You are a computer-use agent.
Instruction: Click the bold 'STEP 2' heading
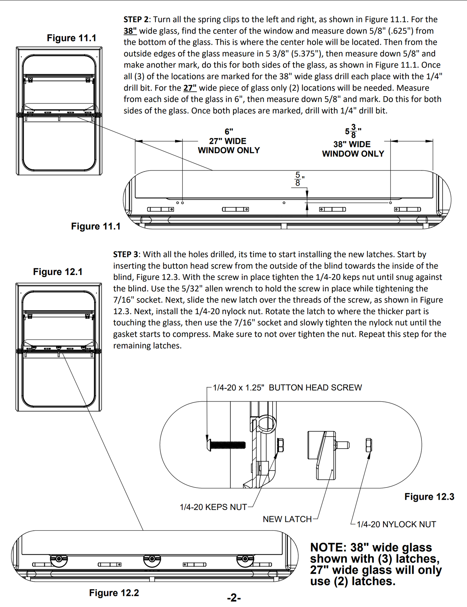point(136,20)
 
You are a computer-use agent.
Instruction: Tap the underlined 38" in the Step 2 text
point(130,31)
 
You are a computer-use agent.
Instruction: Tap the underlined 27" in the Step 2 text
point(190,88)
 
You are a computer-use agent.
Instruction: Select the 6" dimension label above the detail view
point(229,132)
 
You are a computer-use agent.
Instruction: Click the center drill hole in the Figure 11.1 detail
point(284,203)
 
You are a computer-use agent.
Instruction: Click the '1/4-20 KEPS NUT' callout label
point(213,507)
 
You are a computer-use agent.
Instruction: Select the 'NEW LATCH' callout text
point(287,519)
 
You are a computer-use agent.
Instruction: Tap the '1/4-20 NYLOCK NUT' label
point(396,524)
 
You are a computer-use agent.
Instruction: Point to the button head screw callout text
point(287,388)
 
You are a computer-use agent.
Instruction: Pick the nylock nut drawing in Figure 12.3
point(369,445)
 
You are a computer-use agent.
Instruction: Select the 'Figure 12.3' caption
point(429,497)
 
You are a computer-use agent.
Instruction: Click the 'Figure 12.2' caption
point(114,593)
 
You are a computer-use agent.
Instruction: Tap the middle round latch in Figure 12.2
point(152,559)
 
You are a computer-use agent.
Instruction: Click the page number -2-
point(234,598)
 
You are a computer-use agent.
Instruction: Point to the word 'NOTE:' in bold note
point(328,547)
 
